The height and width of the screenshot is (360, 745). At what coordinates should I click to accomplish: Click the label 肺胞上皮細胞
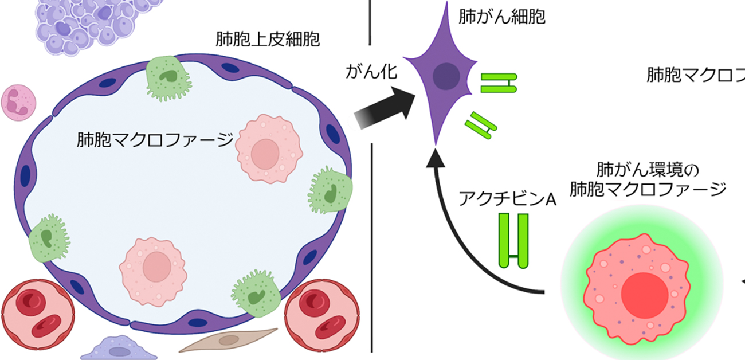(267, 40)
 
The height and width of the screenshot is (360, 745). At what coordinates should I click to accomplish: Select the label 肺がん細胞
(502, 16)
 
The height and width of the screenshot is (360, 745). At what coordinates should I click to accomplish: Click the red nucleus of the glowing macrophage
(644, 292)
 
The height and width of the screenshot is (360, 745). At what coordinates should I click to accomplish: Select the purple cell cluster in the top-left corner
(86, 23)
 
